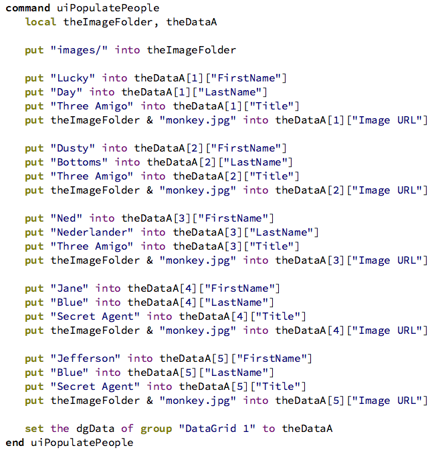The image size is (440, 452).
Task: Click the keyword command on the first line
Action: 27,8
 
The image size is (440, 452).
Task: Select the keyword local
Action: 41,22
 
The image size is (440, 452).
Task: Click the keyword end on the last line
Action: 15,443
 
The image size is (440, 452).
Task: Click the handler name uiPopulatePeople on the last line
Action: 82,443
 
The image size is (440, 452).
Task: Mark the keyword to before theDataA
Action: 269,429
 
